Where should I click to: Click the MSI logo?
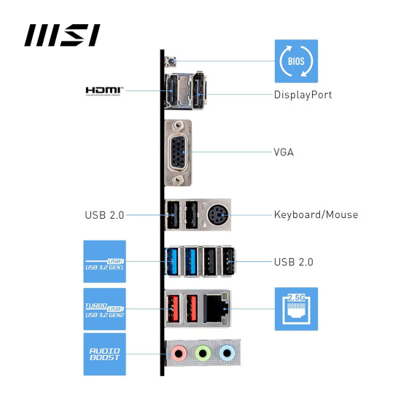[x=62, y=35]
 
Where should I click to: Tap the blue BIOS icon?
[x=295, y=61]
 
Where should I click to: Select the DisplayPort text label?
[x=303, y=95]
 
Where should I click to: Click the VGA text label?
[x=284, y=153]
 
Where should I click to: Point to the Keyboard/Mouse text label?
[x=316, y=214]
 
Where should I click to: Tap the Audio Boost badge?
[x=104, y=354]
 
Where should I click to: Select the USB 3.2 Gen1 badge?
[x=104, y=261]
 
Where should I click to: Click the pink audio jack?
[x=177, y=354]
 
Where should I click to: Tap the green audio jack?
[x=202, y=354]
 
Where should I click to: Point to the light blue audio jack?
[x=227, y=354]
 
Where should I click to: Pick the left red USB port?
[x=173, y=308]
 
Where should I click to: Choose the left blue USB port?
[x=173, y=261]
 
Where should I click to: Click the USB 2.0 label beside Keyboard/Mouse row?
[x=104, y=214]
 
